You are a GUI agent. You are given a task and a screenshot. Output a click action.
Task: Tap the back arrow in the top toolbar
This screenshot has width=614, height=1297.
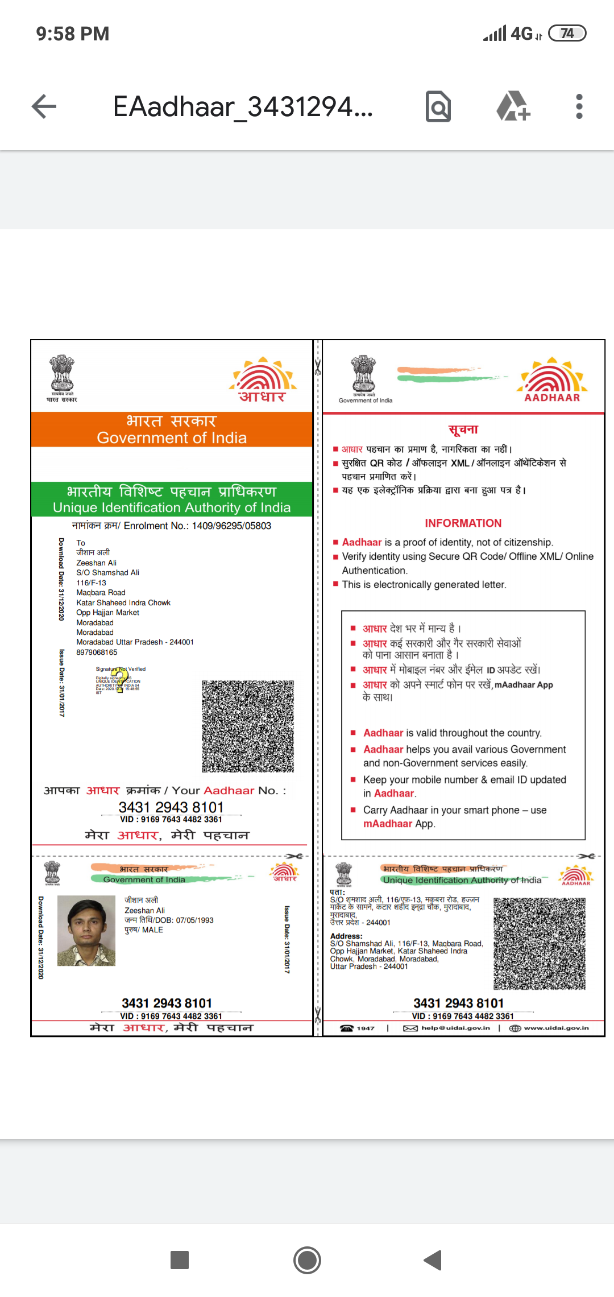44,106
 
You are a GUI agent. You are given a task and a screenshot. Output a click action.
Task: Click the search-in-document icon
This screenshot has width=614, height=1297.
438,106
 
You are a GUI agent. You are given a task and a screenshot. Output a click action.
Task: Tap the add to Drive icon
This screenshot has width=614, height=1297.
513,106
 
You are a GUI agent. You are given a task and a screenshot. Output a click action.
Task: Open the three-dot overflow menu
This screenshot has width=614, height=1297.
579,106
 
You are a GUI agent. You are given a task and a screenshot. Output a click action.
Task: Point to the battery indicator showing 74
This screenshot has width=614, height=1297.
567,34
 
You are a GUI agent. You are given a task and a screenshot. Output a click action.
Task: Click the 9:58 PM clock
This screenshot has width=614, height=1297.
72,34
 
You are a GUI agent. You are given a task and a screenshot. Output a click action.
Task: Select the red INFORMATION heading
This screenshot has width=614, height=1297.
463,523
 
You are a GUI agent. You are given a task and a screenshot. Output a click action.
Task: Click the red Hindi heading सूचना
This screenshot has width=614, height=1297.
463,429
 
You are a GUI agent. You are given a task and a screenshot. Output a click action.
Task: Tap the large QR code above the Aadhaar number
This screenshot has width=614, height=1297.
248,726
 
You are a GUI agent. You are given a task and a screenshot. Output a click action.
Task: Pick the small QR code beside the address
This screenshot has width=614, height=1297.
540,944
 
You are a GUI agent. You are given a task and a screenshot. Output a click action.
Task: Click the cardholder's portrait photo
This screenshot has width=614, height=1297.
86,931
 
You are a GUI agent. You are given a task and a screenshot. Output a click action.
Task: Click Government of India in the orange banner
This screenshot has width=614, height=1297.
172,437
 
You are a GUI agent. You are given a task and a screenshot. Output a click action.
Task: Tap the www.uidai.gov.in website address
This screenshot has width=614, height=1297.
556,1028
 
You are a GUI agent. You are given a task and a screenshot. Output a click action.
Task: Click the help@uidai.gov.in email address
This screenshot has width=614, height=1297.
455,1028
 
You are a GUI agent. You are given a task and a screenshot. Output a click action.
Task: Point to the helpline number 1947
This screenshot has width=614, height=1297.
365,1028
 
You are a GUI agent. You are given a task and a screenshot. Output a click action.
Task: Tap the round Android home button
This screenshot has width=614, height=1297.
307,1260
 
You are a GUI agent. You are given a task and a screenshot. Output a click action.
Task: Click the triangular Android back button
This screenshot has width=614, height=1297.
433,1260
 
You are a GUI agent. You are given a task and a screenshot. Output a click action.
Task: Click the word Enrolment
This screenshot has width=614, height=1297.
146,526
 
